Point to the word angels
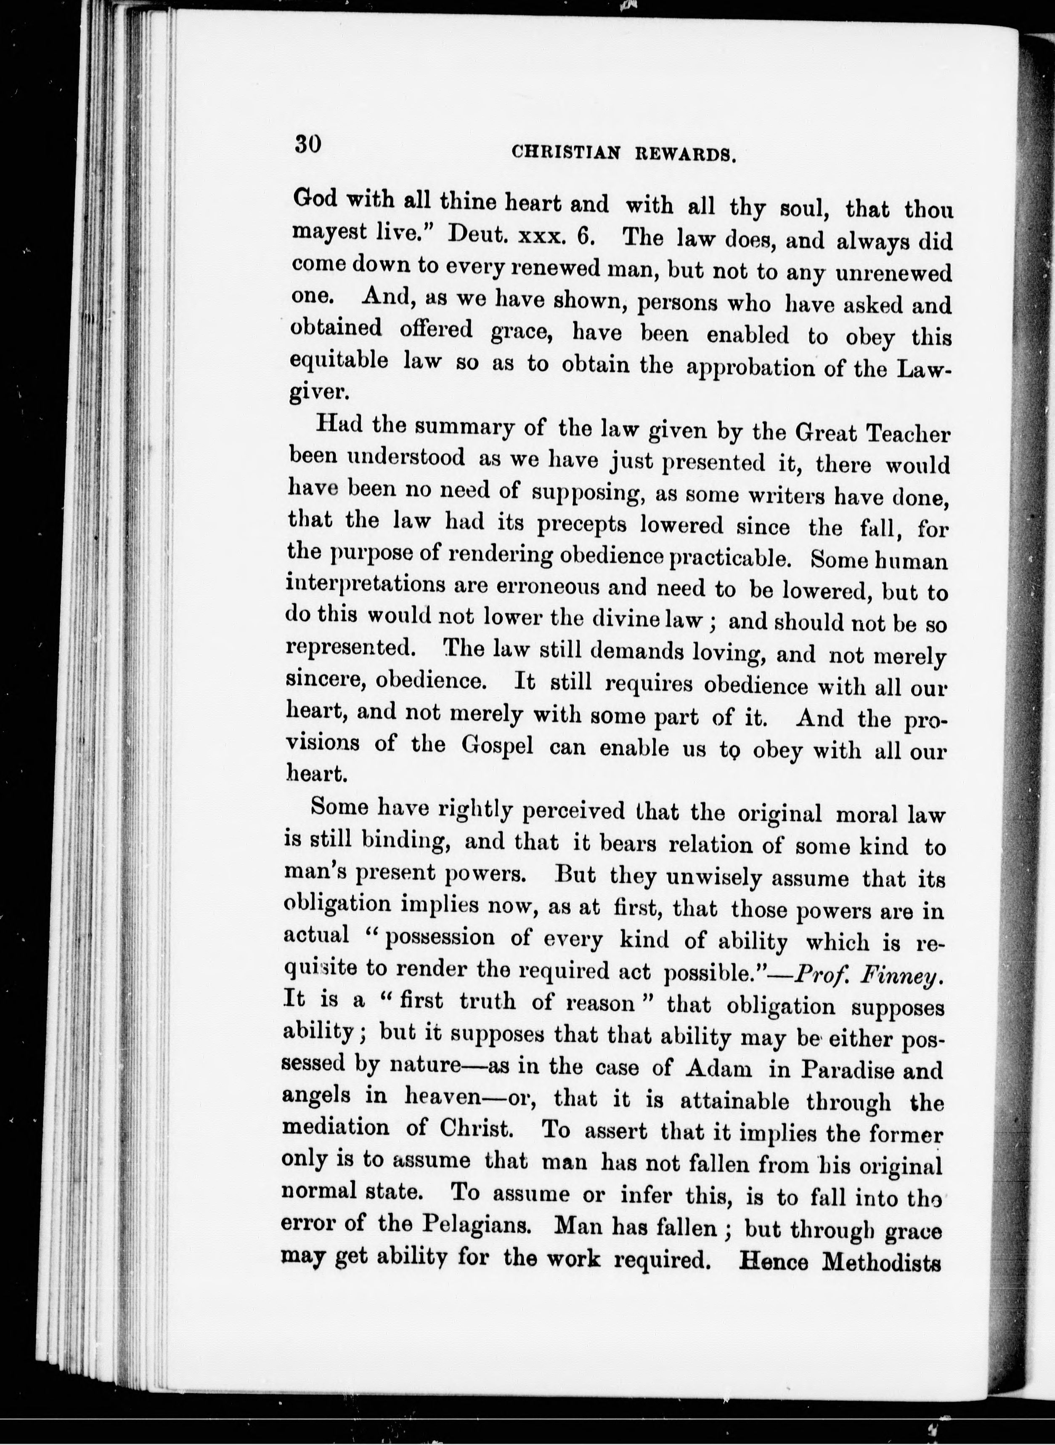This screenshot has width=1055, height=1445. pos(317,1096)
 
